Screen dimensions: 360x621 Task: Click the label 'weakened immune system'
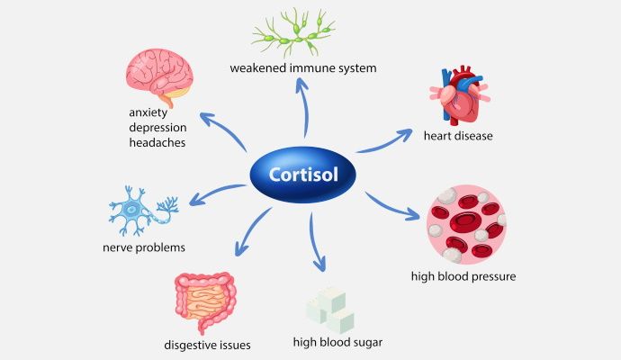point(301,68)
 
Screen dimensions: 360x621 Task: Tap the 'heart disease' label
point(458,136)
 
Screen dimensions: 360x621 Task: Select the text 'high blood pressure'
point(463,275)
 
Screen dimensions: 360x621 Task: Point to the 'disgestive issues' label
point(207,345)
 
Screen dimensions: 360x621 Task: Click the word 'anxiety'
point(149,113)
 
